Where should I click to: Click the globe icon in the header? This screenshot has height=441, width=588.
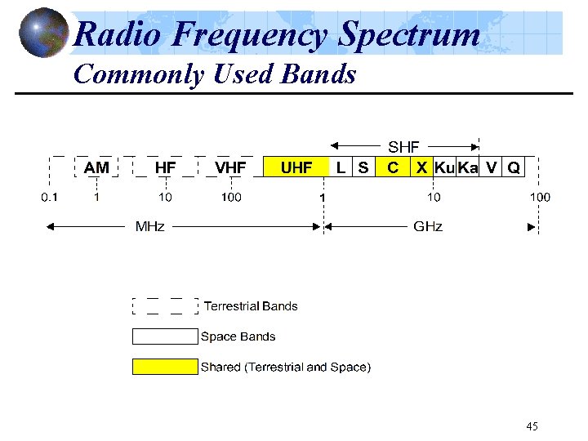coord(42,33)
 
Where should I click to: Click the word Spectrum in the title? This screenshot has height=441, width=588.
coord(409,35)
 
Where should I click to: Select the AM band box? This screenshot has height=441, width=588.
coord(96,167)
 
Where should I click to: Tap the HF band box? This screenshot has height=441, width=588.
coord(165,167)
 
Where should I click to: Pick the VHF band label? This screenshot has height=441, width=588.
coord(231,167)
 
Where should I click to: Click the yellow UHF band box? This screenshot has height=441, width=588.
coord(296,167)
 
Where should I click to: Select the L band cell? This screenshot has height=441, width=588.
coord(341,167)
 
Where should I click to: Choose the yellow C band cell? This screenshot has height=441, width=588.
coord(393,167)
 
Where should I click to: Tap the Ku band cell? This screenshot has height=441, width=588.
coord(444,167)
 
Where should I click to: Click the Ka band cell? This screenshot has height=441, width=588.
coord(468,167)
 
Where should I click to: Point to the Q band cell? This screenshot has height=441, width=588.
coord(514,167)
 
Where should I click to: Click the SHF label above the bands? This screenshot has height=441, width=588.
coord(403,147)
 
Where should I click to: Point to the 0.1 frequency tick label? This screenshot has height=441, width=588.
coord(50,197)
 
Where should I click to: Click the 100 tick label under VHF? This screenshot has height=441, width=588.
coord(231,197)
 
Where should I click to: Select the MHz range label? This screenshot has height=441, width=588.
coord(149,226)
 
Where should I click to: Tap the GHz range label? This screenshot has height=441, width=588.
coord(428,226)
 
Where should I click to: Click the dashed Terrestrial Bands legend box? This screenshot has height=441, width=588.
coord(165,306)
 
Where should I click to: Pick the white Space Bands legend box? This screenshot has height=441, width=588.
coord(165,336)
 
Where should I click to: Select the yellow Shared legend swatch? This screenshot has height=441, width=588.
coord(165,367)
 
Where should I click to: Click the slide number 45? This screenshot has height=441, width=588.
coord(532,426)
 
